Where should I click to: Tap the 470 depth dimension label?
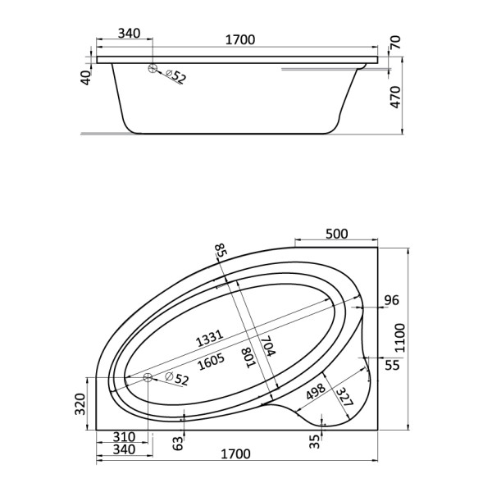point(394,97)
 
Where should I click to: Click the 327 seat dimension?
point(345,399)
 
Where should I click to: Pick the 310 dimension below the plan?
point(125,437)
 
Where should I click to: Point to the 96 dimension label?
point(391,301)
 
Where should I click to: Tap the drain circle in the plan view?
point(148,377)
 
